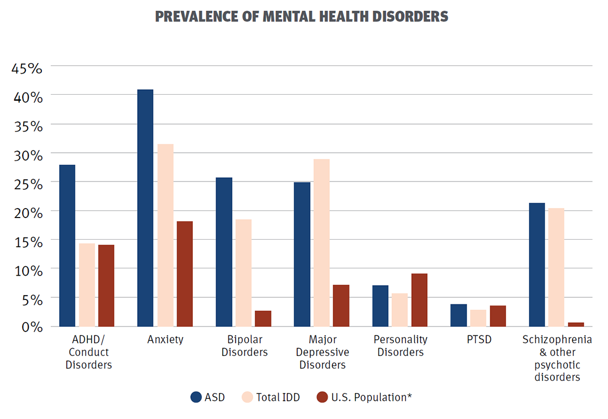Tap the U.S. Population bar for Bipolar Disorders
[263, 318]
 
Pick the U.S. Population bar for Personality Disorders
[419, 299]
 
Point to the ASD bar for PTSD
[458, 315]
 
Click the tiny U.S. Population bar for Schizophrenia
[575, 324]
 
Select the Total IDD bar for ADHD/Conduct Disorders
[87, 284]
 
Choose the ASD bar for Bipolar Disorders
[223, 252]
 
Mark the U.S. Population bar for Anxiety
[184, 273]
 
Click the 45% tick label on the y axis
[27, 69]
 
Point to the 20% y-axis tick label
[27, 213]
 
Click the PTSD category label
[478, 340]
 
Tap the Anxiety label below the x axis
[165, 340]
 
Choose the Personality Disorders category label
[401, 346]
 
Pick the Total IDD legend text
[278, 397]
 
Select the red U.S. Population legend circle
[322, 397]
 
